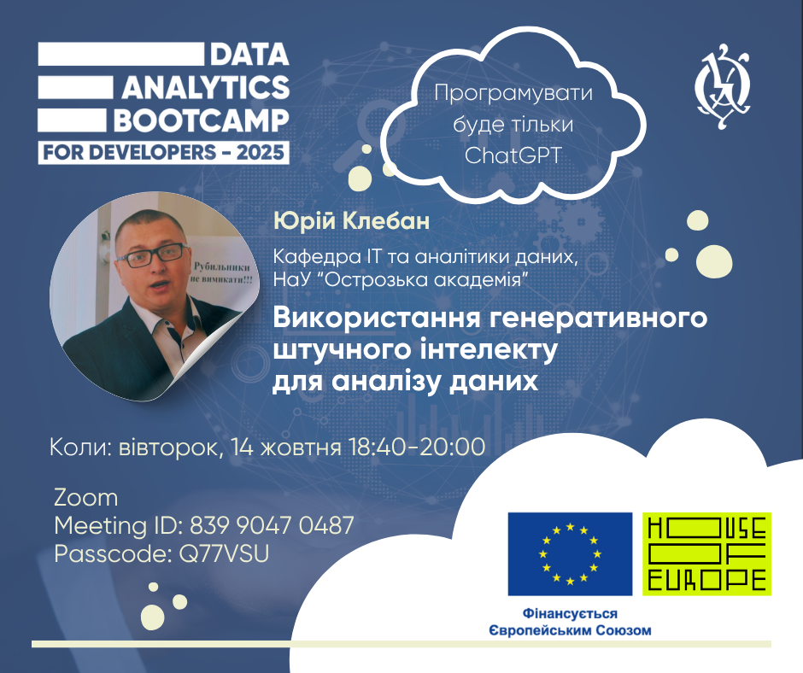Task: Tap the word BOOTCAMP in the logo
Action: (202, 120)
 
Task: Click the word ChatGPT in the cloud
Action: (513, 155)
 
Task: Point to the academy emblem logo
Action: (723, 85)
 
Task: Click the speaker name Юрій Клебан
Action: (351, 220)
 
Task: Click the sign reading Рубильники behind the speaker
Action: (222, 266)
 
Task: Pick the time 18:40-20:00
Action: (417, 448)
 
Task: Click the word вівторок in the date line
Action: (171, 448)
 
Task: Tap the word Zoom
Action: (86, 498)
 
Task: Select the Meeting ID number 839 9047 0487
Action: (272, 525)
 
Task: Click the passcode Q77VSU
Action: (224, 554)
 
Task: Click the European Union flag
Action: (570, 553)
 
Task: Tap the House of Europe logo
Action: (706, 553)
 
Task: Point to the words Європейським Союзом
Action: (570, 630)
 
